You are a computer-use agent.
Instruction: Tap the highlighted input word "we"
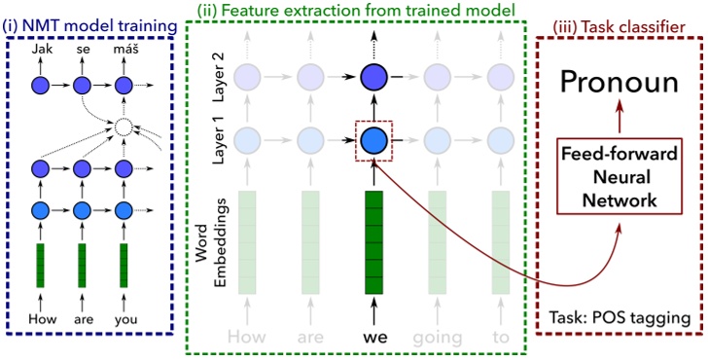pyautogui.click(x=374, y=338)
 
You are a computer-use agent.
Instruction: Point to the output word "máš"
pyautogui.click(x=122, y=46)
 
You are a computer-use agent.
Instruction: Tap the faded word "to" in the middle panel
pyautogui.click(x=500, y=338)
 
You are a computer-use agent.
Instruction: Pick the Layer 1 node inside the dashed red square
pyautogui.click(x=374, y=142)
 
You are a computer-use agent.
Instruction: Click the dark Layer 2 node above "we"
pyautogui.click(x=374, y=77)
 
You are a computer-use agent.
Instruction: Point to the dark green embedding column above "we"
pyautogui.click(x=374, y=241)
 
